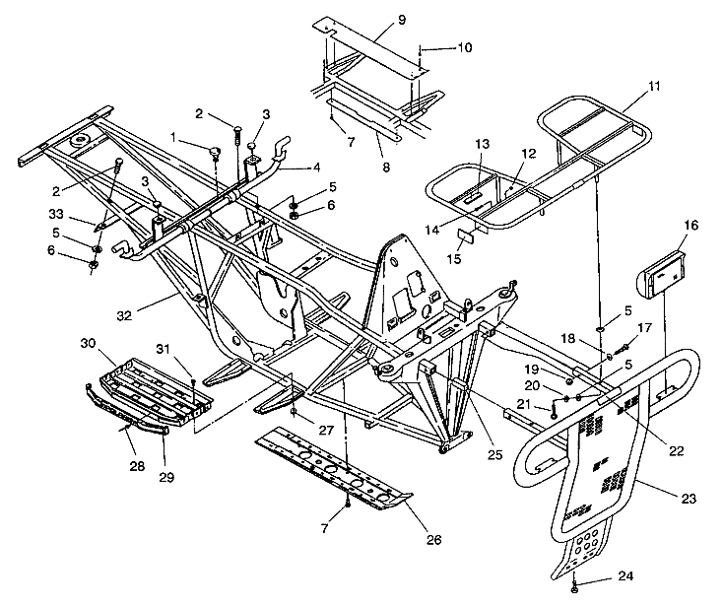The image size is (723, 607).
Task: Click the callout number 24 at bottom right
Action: (x=624, y=577)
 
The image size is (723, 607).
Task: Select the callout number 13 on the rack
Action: (x=481, y=144)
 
